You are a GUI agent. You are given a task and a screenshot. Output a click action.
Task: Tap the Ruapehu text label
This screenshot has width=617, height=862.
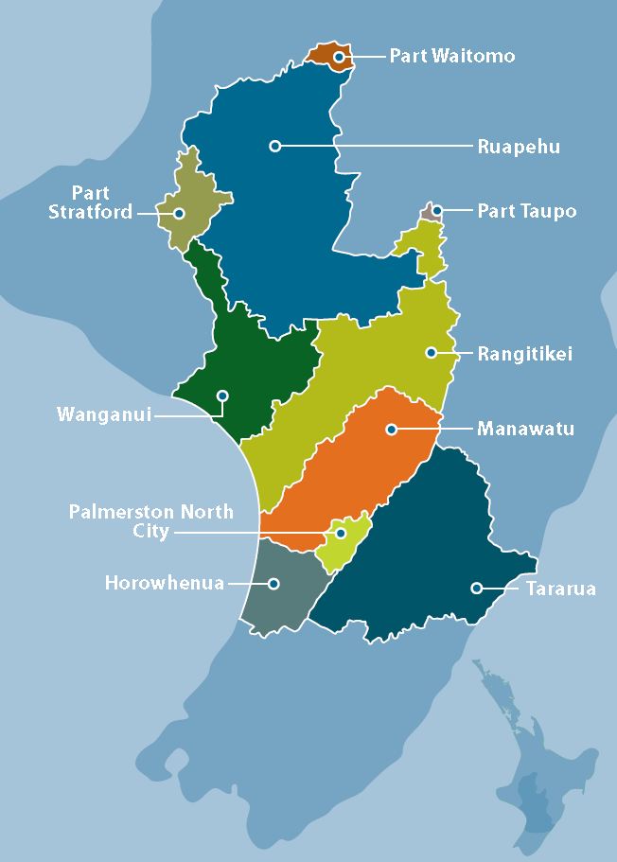pos(519,147)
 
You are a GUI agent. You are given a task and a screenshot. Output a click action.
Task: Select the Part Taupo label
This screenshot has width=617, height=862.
pos(526,210)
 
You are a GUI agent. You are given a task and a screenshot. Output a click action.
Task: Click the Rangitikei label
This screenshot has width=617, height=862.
pos(525,354)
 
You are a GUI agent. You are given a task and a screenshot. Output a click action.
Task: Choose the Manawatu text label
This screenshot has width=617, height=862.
pos(525,429)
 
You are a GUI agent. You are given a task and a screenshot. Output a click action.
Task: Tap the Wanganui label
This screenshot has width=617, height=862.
pos(104,414)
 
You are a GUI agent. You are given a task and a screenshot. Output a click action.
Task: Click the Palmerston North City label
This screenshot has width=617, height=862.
pos(150,521)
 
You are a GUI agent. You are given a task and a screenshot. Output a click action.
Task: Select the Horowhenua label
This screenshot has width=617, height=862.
pos(164,583)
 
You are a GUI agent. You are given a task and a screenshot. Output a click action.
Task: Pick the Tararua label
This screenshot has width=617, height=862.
pos(560,589)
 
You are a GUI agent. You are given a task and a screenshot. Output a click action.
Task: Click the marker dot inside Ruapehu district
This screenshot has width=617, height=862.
pos(274,146)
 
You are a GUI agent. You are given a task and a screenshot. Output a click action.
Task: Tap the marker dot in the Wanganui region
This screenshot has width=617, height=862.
pos(222,395)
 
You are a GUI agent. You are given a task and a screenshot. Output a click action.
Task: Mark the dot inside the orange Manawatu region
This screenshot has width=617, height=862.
pos(391,429)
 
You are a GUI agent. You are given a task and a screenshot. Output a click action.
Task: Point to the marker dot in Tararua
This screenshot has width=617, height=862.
pos(476,588)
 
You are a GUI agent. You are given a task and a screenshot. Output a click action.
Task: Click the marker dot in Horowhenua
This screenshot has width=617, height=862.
pos(273,583)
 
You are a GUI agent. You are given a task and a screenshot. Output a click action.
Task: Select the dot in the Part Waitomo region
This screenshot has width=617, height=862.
pos(338,57)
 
